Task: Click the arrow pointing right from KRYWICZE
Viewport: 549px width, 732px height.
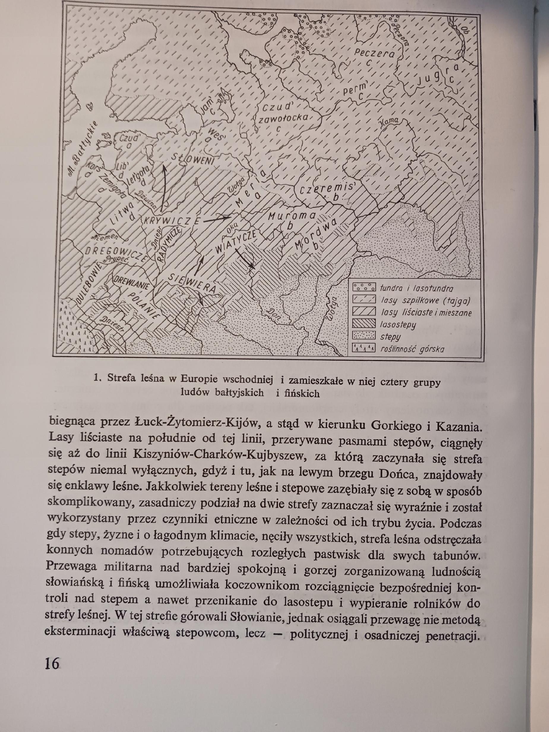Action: click(217, 219)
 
